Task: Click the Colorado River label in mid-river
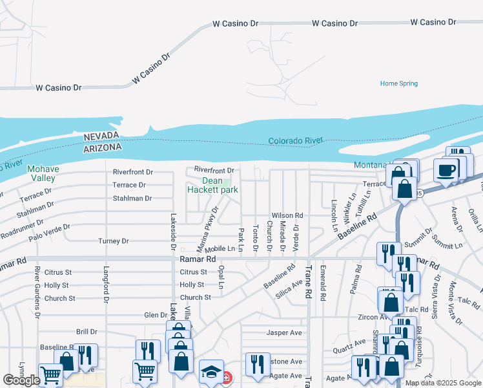(295, 141)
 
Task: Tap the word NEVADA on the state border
(101, 136)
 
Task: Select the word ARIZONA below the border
(103, 147)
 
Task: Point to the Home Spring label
(398, 83)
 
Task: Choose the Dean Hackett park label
(212, 186)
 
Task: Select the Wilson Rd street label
(287, 215)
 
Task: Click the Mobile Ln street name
(220, 249)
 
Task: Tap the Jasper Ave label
(285, 333)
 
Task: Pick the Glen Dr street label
(156, 315)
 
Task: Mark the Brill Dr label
(87, 331)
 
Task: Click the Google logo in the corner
(21, 380)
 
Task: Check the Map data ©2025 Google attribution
(442, 383)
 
